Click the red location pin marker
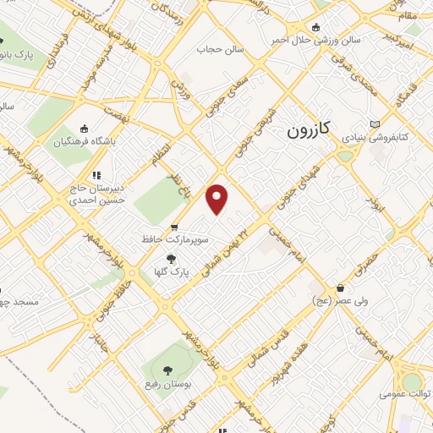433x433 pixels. click(217, 198)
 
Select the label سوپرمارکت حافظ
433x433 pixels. click(173, 240)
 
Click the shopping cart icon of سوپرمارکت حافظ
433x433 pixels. click(173, 227)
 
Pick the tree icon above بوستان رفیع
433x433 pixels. click(166, 370)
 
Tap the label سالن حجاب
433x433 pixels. click(221, 49)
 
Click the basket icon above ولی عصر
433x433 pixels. click(341, 288)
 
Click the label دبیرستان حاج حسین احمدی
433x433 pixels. click(95, 195)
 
